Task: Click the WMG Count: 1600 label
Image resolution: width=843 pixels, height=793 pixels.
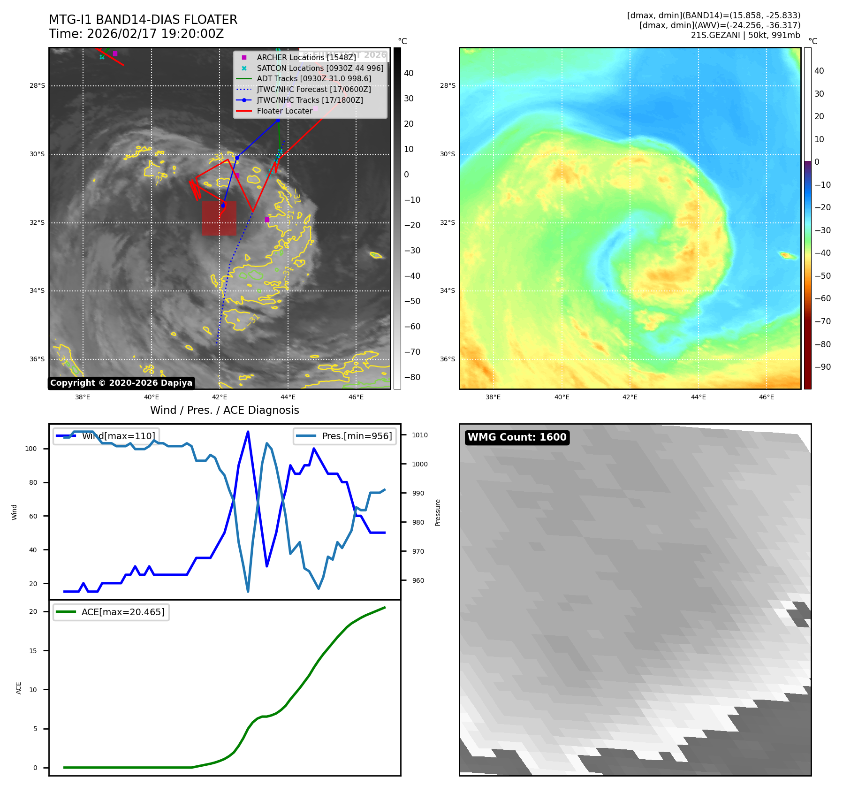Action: (517, 437)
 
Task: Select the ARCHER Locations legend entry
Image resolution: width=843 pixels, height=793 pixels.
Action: (306, 57)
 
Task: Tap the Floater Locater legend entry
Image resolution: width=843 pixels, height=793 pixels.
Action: (284, 111)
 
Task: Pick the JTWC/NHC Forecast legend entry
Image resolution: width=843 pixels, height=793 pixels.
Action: (313, 89)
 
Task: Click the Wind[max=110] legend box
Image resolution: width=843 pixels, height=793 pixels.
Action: (106, 436)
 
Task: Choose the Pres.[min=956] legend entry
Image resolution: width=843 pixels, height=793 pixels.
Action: (345, 436)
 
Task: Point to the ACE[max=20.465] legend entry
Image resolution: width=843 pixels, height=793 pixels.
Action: (111, 612)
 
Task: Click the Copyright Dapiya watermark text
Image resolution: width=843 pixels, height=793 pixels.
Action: (121, 383)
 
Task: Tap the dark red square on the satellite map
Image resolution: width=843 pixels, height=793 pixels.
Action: (219, 218)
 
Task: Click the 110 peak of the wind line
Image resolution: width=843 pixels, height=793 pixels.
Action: (248, 432)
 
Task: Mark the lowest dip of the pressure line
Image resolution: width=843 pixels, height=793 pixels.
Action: (248, 591)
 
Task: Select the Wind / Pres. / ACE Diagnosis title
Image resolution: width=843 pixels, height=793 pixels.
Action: (224, 410)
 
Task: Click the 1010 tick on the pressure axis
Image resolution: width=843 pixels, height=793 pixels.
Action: (420, 435)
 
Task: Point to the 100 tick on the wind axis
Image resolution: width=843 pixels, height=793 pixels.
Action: (31, 449)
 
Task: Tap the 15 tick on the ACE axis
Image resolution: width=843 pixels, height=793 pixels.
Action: (33, 651)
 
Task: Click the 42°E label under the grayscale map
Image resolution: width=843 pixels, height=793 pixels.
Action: (219, 397)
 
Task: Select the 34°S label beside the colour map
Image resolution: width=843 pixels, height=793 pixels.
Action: (447, 291)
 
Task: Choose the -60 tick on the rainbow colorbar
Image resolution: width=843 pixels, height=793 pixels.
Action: (822, 298)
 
